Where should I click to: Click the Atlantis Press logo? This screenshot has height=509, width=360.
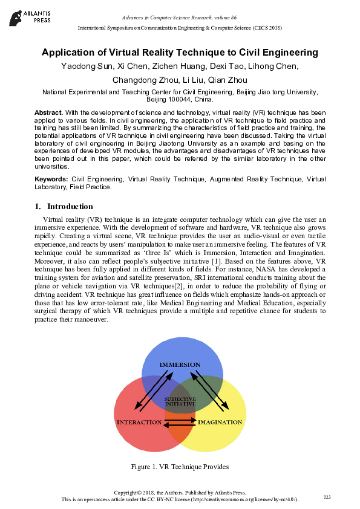[28, 15]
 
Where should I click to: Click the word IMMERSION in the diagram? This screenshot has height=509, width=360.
[180, 365]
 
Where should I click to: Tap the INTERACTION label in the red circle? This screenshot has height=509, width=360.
[139, 421]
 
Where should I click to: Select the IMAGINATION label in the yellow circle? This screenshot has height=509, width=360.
[220, 421]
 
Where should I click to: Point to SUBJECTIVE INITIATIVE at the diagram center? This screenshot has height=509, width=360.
[180, 401]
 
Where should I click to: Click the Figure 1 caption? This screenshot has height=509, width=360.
[180, 467]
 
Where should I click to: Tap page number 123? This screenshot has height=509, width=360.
[327, 496]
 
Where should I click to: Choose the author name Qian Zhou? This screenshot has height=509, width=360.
[228, 80]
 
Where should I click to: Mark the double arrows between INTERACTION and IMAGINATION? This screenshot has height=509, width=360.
[180, 421]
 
